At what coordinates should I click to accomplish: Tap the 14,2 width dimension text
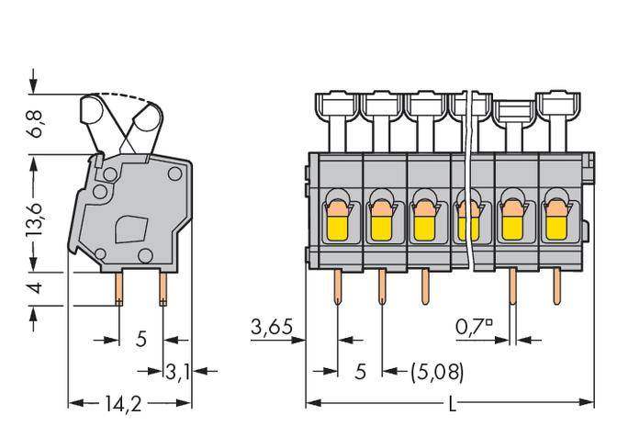(129, 403)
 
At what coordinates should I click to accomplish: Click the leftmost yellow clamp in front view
(337, 219)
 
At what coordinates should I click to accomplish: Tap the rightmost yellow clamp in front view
(555, 219)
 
